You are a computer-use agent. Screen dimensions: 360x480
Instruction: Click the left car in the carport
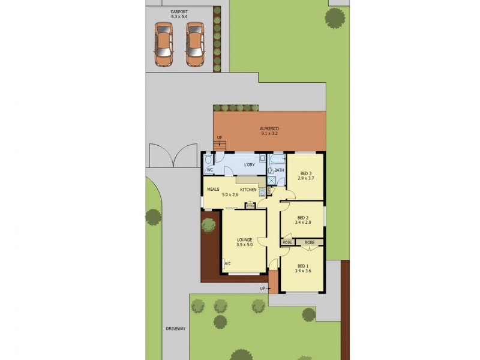click(163, 44)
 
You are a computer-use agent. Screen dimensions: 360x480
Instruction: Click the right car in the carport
click(194, 44)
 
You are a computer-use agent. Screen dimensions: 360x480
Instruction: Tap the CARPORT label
click(179, 11)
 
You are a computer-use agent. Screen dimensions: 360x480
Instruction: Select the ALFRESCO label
click(269, 128)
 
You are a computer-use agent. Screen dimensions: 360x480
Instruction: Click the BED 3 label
click(306, 173)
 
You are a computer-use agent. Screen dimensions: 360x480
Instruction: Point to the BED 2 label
click(303, 218)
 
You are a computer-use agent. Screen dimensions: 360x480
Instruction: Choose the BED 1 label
click(302, 266)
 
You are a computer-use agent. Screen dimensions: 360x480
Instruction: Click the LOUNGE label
click(244, 240)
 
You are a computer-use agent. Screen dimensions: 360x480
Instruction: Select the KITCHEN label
click(248, 190)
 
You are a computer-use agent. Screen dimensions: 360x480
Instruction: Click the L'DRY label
click(250, 166)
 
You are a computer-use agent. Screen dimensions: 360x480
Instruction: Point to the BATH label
click(280, 170)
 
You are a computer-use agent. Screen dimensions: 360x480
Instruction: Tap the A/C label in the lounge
click(227, 263)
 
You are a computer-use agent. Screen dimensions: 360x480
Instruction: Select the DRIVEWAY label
click(176, 329)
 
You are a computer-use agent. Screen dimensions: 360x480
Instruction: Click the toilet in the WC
click(208, 160)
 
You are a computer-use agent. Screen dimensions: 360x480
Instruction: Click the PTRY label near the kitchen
click(250, 206)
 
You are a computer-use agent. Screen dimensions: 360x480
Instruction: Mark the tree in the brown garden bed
click(208, 225)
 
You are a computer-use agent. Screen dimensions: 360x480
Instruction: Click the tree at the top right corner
click(335, 17)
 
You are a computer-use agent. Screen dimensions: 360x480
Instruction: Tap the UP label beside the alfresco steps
click(219, 137)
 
